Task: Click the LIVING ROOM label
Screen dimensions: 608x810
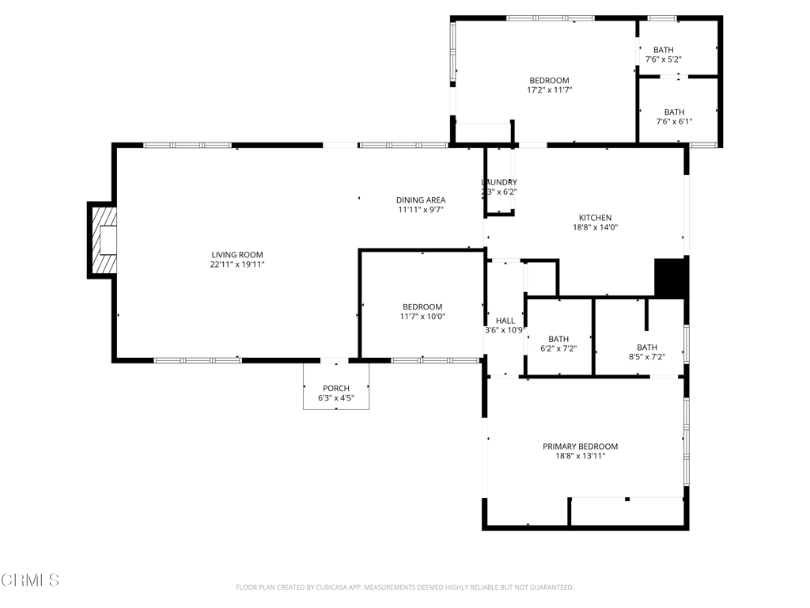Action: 237,254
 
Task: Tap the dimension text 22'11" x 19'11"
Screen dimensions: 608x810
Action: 237,264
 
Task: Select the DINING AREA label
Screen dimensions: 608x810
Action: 420,200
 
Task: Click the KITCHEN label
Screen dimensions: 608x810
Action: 595,218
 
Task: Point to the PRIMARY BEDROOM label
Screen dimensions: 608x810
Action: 580,446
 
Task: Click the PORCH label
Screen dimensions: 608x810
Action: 335,388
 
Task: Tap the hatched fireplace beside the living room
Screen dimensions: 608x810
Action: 103,239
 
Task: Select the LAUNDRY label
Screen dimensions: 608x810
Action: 499,182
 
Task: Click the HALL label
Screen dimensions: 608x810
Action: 505,321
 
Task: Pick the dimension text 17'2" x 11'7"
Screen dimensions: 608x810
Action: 549,90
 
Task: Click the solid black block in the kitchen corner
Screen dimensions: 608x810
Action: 671,277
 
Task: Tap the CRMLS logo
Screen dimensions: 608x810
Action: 30,580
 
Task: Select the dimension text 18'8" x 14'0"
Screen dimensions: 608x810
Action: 595,227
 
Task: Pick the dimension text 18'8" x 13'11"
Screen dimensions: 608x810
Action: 580,456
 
